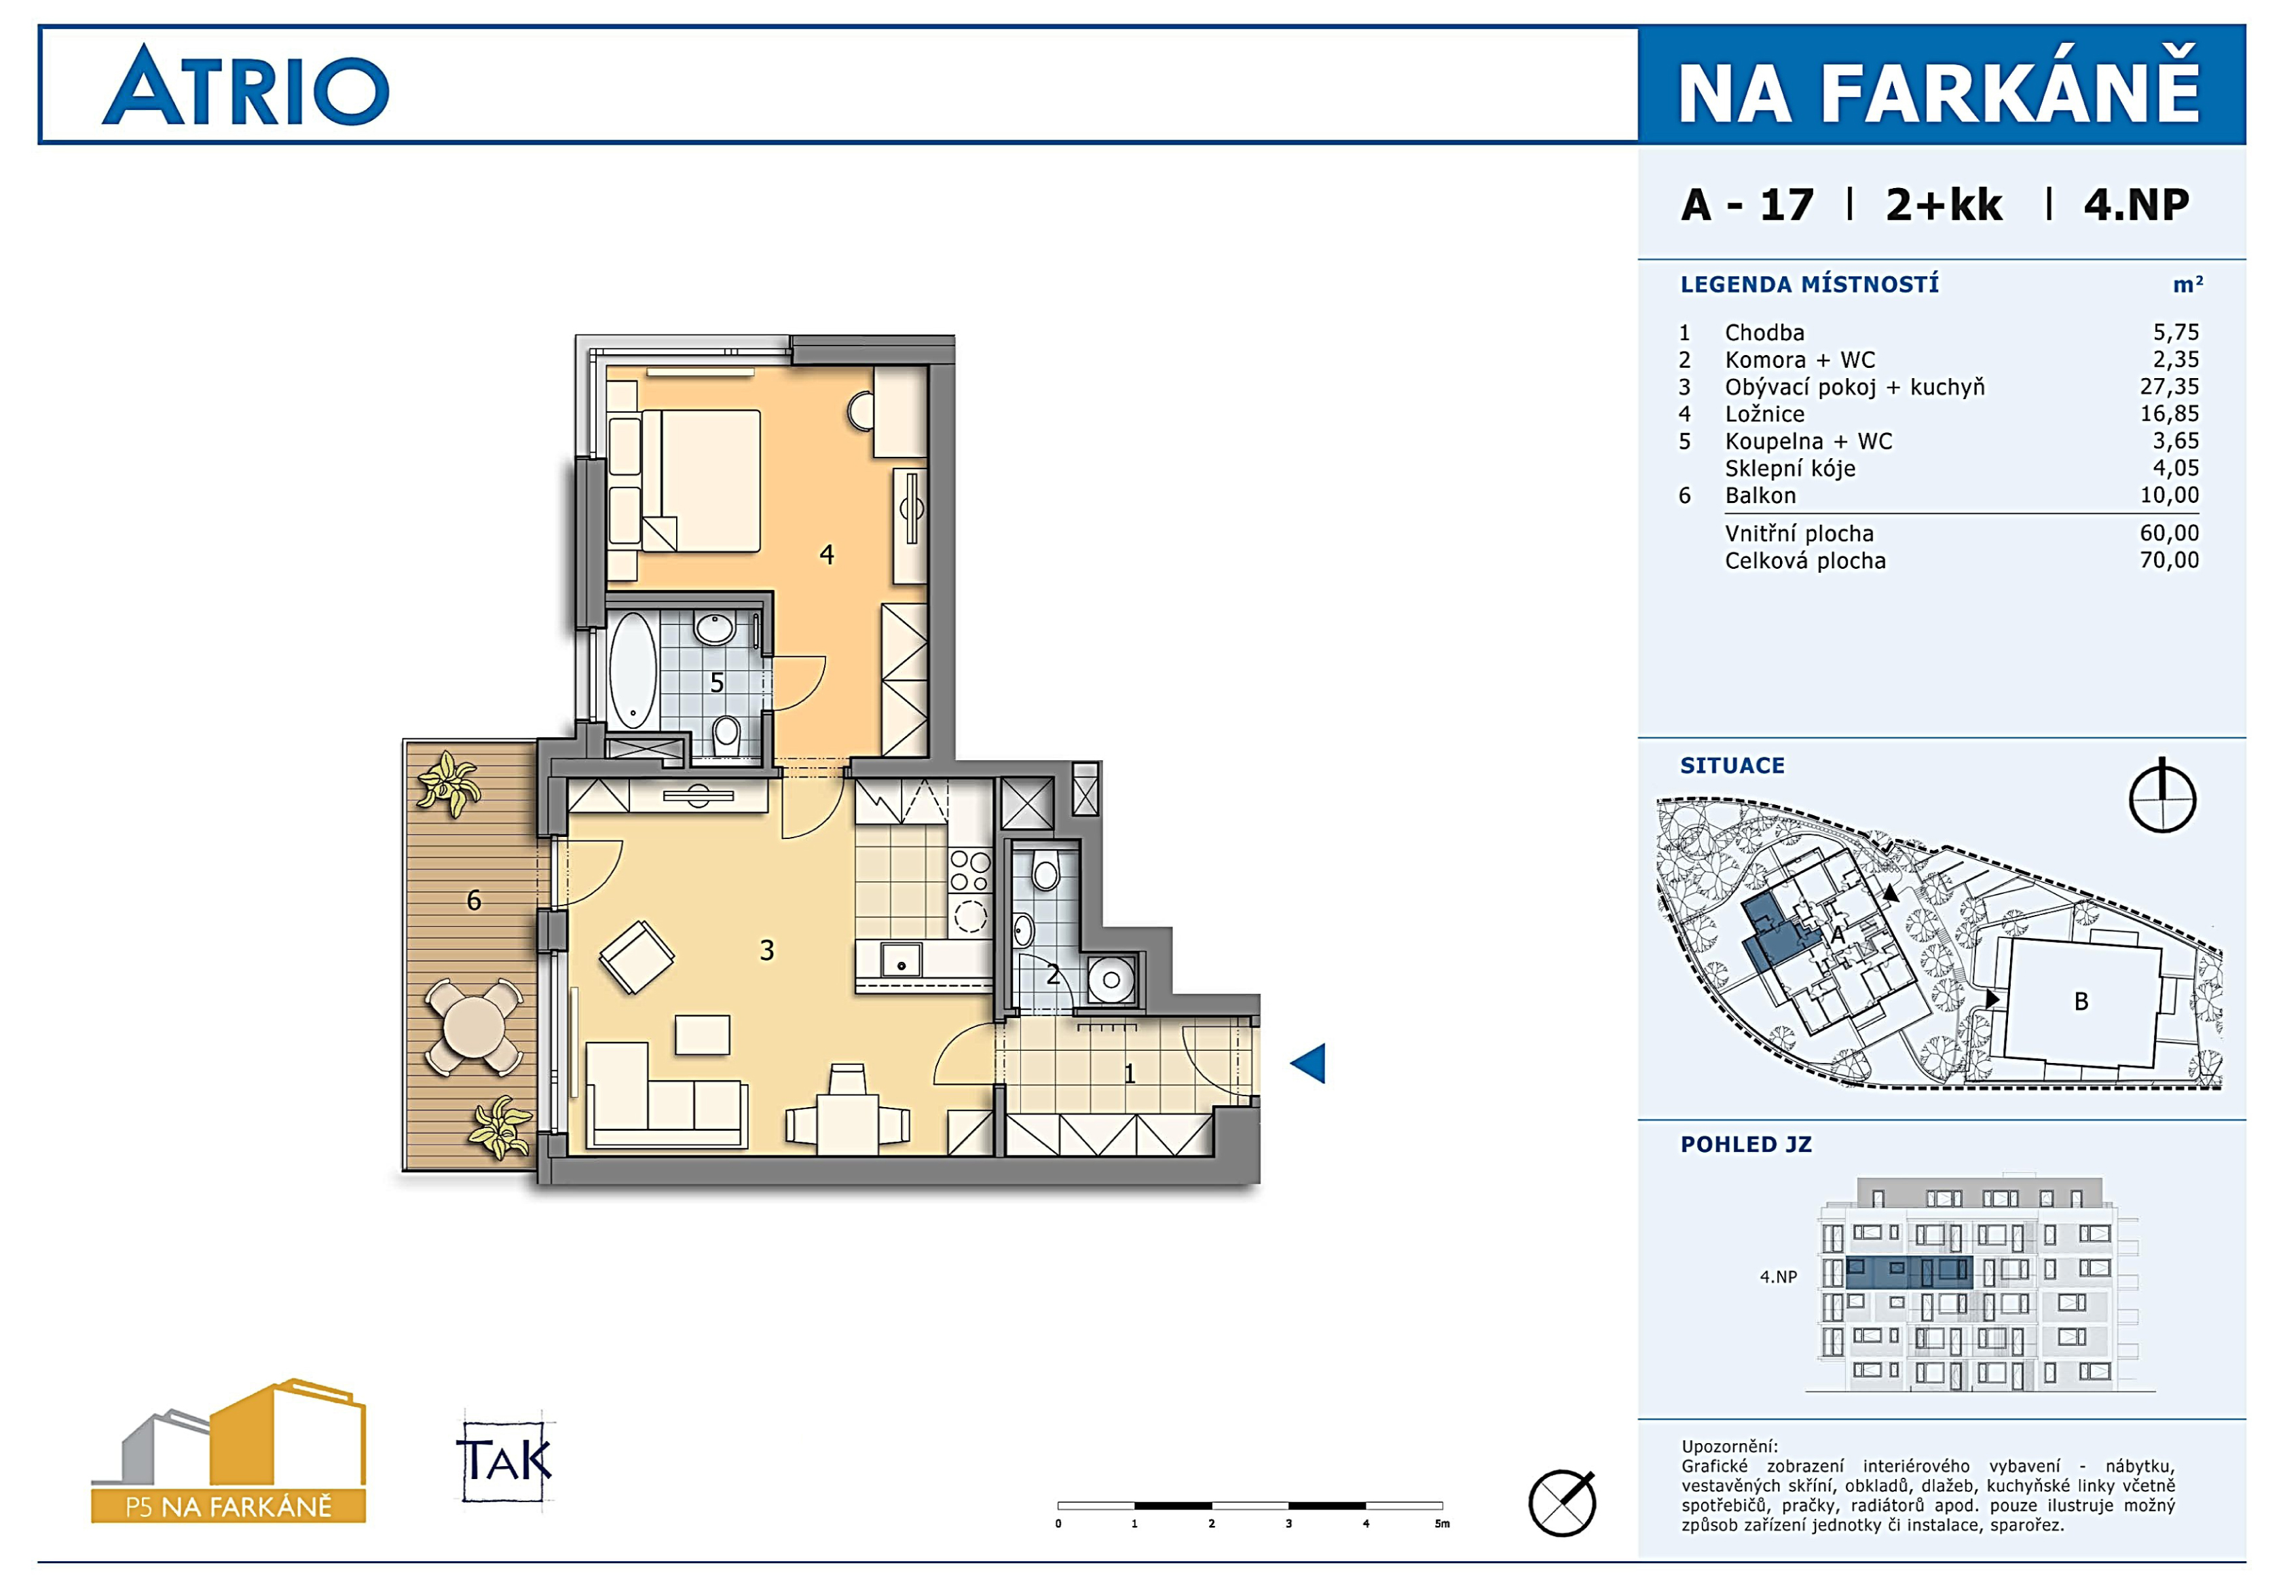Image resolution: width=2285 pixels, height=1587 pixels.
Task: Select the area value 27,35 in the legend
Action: [2170, 387]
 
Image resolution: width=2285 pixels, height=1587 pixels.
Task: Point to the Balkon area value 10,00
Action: [2170, 496]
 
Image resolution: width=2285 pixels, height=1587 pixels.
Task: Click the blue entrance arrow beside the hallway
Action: [1309, 1063]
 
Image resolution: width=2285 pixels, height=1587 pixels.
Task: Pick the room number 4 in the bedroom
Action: [826, 555]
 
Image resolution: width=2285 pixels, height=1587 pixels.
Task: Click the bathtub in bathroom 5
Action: [633, 670]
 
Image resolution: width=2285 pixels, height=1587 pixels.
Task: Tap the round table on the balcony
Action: [475, 1027]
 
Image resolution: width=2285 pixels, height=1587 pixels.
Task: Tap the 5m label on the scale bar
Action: [1442, 1523]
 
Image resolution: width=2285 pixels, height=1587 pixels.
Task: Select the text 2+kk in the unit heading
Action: [1944, 205]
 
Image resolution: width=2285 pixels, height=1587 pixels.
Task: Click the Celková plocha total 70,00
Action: [2170, 560]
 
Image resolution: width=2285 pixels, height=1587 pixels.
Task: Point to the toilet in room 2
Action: [1045, 872]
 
